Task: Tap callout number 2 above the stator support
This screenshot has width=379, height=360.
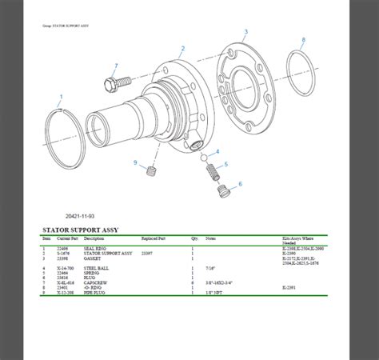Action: tap(182, 49)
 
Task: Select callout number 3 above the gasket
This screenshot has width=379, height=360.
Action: tap(245, 31)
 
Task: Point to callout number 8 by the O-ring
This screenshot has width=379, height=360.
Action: tap(303, 40)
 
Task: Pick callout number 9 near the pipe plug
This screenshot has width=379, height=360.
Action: tap(136, 163)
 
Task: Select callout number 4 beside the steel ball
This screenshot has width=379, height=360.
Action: tap(217, 151)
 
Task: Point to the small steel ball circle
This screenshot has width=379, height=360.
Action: tap(205, 156)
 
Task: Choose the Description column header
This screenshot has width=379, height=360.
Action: tap(94, 238)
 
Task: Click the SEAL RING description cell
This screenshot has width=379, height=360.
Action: tap(94, 249)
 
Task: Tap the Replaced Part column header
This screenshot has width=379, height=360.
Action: tap(154, 238)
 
